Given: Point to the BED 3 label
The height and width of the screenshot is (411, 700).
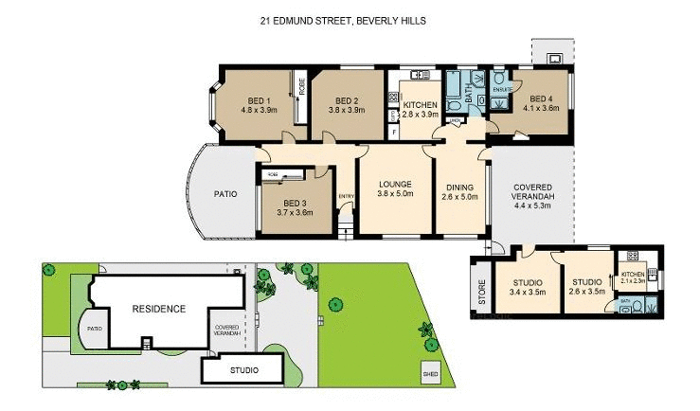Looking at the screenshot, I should (295, 208).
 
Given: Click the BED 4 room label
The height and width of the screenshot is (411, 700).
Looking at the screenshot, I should (544, 103).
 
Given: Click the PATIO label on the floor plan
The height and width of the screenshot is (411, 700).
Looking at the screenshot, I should (224, 194).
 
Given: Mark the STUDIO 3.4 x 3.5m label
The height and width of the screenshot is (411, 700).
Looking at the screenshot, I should (527, 286).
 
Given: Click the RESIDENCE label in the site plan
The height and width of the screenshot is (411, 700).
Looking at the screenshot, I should (158, 309).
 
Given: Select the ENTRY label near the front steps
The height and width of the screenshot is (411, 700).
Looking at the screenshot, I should (345, 196).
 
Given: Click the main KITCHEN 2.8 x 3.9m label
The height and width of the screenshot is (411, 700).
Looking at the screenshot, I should (421, 109).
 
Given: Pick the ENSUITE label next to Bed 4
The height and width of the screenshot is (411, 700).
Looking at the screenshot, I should (502, 89).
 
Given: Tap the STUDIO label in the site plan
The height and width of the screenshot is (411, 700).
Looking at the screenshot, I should (244, 370).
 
